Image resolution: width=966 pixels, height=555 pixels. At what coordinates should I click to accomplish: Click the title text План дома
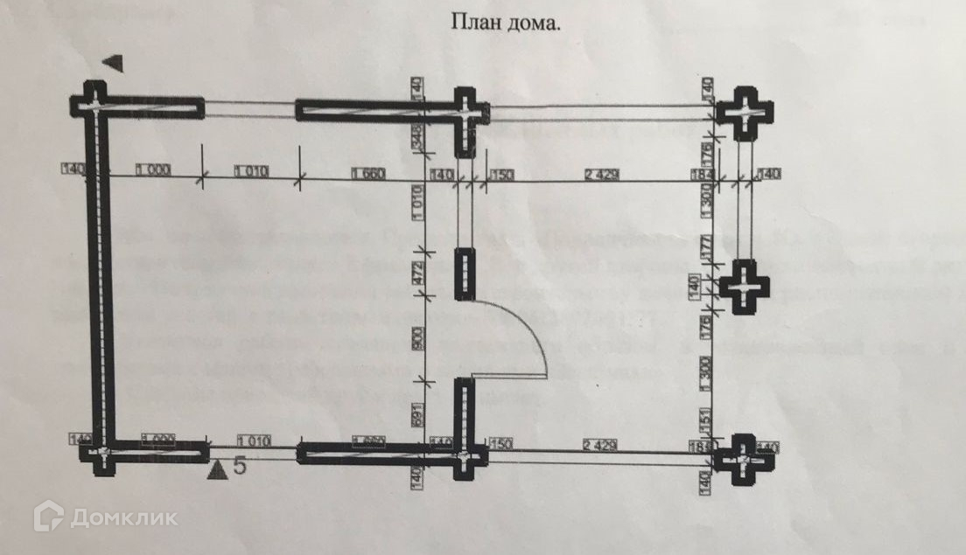tap(506, 23)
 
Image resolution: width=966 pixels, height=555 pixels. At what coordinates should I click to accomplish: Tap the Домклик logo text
tap(122, 517)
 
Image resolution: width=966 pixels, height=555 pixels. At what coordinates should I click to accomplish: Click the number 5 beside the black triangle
tap(240, 467)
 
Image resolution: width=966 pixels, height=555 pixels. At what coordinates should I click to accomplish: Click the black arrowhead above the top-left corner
tap(115, 63)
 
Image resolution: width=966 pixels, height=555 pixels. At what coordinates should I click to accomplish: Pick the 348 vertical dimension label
tap(417, 135)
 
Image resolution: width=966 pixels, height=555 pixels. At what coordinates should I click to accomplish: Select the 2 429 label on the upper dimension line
tap(602, 175)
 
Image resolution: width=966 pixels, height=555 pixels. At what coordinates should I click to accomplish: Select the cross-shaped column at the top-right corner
tap(744, 113)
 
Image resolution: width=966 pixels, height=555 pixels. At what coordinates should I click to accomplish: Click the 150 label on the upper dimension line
tap(502, 175)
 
